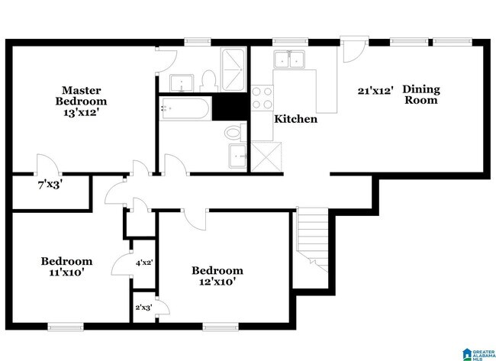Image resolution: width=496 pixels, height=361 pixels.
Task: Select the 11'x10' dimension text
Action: click(x=66, y=272)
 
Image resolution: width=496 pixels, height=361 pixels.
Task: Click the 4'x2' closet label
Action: click(x=144, y=263)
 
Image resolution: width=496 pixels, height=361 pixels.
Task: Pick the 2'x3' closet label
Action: click(x=143, y=308)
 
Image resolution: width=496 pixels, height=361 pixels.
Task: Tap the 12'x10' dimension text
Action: click(x=217, y=282)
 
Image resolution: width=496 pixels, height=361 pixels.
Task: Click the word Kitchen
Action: click(x=296, y=120)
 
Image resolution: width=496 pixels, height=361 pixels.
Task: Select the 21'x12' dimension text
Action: click(x=376, y=90)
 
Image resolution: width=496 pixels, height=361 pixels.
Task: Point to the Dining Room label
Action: click(x=422, y=95)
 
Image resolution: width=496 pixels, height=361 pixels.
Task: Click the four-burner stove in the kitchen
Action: click(x=262, y=98)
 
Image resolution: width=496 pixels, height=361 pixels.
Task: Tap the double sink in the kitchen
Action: click(x=290, y=59)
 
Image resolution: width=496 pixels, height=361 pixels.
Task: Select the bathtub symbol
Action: click(x=185, y=110)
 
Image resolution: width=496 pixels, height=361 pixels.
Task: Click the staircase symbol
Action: click(x=311, y=236)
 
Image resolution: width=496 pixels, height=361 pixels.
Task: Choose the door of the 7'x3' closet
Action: click(x=46, y=165)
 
